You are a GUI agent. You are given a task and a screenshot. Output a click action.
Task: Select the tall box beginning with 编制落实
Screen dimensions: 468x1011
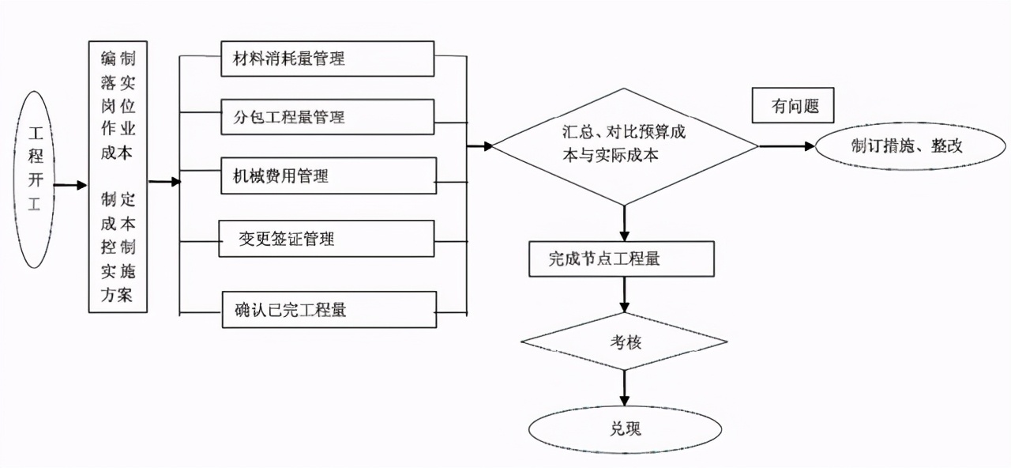[118, 176]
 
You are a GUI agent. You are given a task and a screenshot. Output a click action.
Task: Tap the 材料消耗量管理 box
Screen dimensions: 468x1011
[328, 58]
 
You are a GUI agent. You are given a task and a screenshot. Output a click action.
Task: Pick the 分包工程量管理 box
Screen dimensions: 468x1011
[328, 117]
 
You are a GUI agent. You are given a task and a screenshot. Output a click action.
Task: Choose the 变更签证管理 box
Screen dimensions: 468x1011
[326, 238]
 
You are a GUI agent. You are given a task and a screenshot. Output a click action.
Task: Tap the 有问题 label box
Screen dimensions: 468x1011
[792, 105]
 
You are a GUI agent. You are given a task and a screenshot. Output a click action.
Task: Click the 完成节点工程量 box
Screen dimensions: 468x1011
[622, 259]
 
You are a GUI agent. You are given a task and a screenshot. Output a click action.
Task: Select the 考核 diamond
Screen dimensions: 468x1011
[624, 342]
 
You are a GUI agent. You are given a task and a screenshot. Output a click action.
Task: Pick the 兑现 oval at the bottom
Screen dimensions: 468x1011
[626, 429]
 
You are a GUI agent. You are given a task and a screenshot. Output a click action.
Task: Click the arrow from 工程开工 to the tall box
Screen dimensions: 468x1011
[70, 185]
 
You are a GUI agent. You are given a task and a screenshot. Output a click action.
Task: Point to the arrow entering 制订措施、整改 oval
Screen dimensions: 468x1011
[787, 146]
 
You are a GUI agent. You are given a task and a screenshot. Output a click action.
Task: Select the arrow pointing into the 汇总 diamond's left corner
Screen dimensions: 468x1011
[480, 145]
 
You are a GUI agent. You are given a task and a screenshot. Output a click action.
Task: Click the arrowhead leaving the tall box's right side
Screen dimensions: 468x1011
[165, 182]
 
